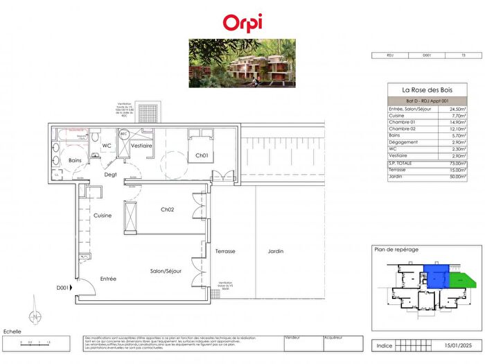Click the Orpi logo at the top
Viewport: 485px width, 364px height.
(x=242, y=22)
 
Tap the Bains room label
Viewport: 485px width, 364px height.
(x=76, y=160)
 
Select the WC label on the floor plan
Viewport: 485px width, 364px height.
(x=107, y=146)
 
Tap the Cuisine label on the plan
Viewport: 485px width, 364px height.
(x=103, y=216)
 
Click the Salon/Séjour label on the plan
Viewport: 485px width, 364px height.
(x=166, y=271)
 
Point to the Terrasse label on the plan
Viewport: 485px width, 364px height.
(x=226, y=252)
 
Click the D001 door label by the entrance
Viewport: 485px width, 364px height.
(x=64, y=288)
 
